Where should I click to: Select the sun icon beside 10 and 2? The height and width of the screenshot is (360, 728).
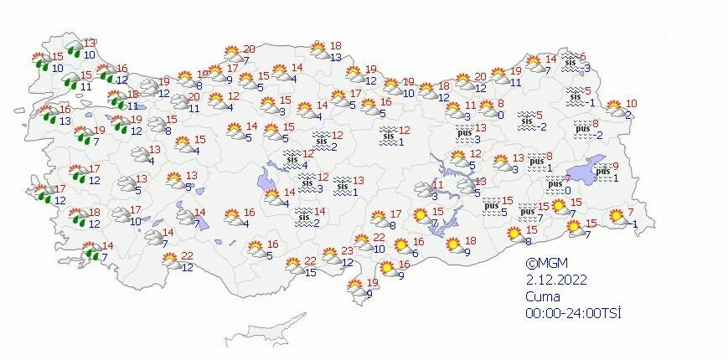point(614,107)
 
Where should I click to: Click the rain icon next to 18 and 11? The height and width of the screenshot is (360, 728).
point(115,100)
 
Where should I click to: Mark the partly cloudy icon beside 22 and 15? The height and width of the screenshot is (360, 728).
point(293,266)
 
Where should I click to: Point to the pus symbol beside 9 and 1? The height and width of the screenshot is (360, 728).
point(602,172)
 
